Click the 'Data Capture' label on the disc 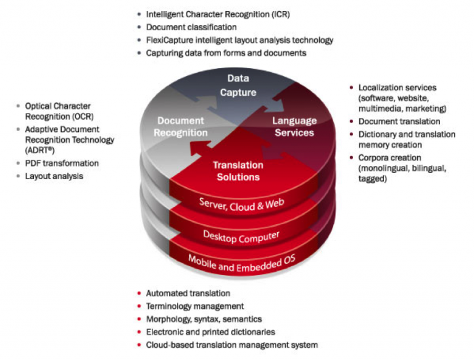238,85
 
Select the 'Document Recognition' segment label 181,127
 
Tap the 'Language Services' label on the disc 294,127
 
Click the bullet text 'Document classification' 191,27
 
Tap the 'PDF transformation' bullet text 62,163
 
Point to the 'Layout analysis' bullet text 54,176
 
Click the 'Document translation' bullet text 399,122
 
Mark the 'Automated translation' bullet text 188,293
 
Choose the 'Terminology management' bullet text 194,306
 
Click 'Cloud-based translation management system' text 231,345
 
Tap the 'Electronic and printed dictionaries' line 210,332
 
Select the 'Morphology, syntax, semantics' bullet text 204,319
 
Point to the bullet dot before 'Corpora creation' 352,158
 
